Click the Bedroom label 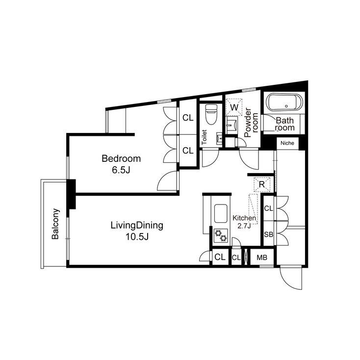121,158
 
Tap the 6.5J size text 121,170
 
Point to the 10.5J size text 136,237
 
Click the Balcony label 55,225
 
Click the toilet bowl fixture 211,115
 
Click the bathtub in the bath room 284,104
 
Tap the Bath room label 284,124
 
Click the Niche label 287,144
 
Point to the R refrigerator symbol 262,184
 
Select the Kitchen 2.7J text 244,222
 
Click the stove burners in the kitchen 221,235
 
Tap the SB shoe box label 268,234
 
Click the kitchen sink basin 221,214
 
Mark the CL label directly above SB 268,209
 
